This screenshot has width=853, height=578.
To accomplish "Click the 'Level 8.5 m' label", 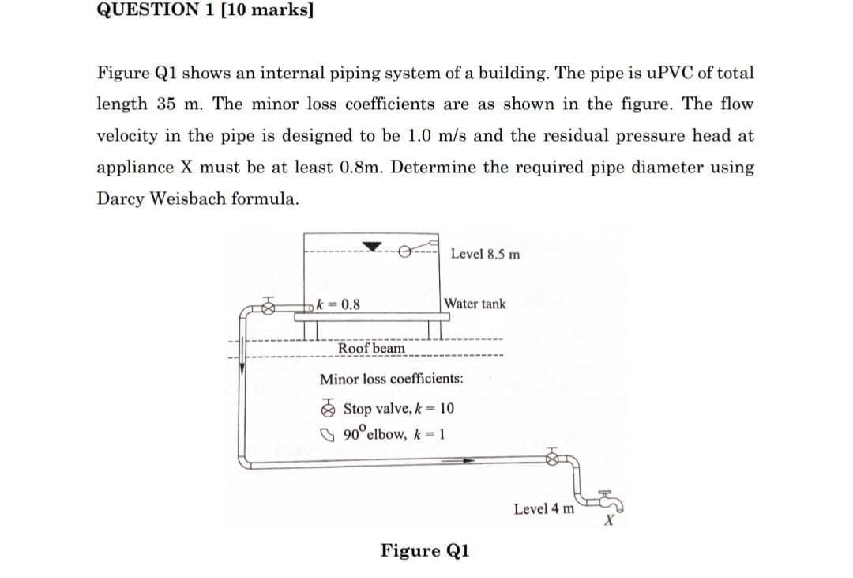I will point(485,254).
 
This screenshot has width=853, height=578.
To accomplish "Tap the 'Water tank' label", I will point(475,304).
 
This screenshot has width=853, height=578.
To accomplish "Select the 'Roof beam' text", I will point(371,348).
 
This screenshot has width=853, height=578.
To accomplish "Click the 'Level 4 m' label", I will point(543,508).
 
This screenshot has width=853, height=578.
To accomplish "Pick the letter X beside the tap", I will point(608,522).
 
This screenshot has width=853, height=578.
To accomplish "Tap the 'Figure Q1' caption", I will point(425,550).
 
